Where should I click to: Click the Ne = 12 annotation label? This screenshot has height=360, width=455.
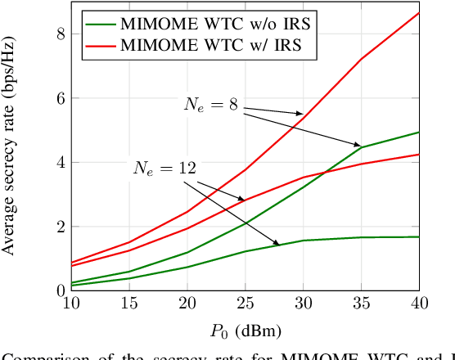coord(164,169)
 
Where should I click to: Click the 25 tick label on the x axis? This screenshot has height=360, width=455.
coord(244,303)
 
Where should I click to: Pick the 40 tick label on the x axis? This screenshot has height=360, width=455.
coord(419,303)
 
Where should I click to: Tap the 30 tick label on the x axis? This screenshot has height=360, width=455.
coord(302,303)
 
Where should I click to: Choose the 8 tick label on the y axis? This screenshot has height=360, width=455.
coord(58,34)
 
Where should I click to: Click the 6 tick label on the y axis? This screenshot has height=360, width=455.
coord(58,98)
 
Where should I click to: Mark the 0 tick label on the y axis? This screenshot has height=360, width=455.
coord(58,290)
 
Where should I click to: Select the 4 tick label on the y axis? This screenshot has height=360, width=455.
coord(58,162)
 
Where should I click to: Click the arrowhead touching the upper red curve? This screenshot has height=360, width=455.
coord(300,114)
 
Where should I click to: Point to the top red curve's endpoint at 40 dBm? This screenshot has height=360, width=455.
coord(419,13)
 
